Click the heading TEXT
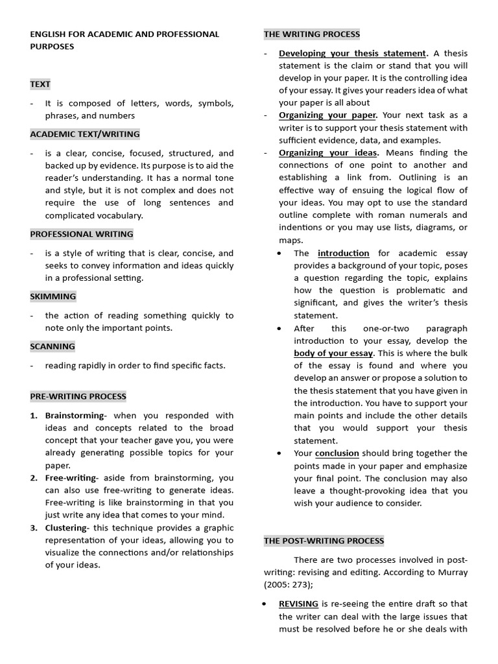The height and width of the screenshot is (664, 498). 40,84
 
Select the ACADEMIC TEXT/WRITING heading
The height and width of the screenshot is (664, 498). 84,134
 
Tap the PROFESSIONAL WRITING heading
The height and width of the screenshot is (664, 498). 81,234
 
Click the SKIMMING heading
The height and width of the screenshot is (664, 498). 53,296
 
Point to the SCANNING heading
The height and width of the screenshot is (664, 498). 53,346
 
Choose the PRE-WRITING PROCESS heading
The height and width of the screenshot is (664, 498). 78,396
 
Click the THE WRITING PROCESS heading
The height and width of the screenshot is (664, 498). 311,34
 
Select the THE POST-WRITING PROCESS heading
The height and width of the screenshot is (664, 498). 324,541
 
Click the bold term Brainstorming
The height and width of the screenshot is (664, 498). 74,416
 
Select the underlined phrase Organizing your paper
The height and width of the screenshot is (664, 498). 327,115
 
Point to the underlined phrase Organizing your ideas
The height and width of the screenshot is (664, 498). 328,153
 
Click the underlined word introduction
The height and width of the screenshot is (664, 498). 343,254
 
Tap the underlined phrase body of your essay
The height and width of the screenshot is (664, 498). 333,353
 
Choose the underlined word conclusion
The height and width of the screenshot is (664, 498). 337,453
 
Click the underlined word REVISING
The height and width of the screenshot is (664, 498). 298,604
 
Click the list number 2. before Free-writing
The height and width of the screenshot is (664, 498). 34,478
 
